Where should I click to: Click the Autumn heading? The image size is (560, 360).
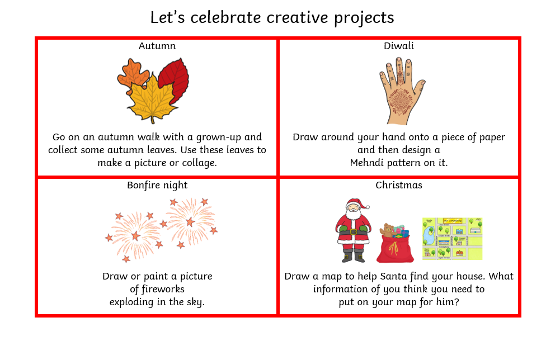[x=157, y=46]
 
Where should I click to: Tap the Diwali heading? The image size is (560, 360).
[x=398, y=46]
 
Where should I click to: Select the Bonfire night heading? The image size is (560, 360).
[x=157, y=186]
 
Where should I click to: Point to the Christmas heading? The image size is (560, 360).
[x=398, y=185]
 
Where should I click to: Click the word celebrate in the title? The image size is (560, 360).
[x=225, y=17]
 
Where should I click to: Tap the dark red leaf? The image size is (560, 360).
[x=175, y=80]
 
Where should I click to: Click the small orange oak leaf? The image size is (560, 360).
[x=133, y=74]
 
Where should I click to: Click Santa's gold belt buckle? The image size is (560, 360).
[x=354, y=231]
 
